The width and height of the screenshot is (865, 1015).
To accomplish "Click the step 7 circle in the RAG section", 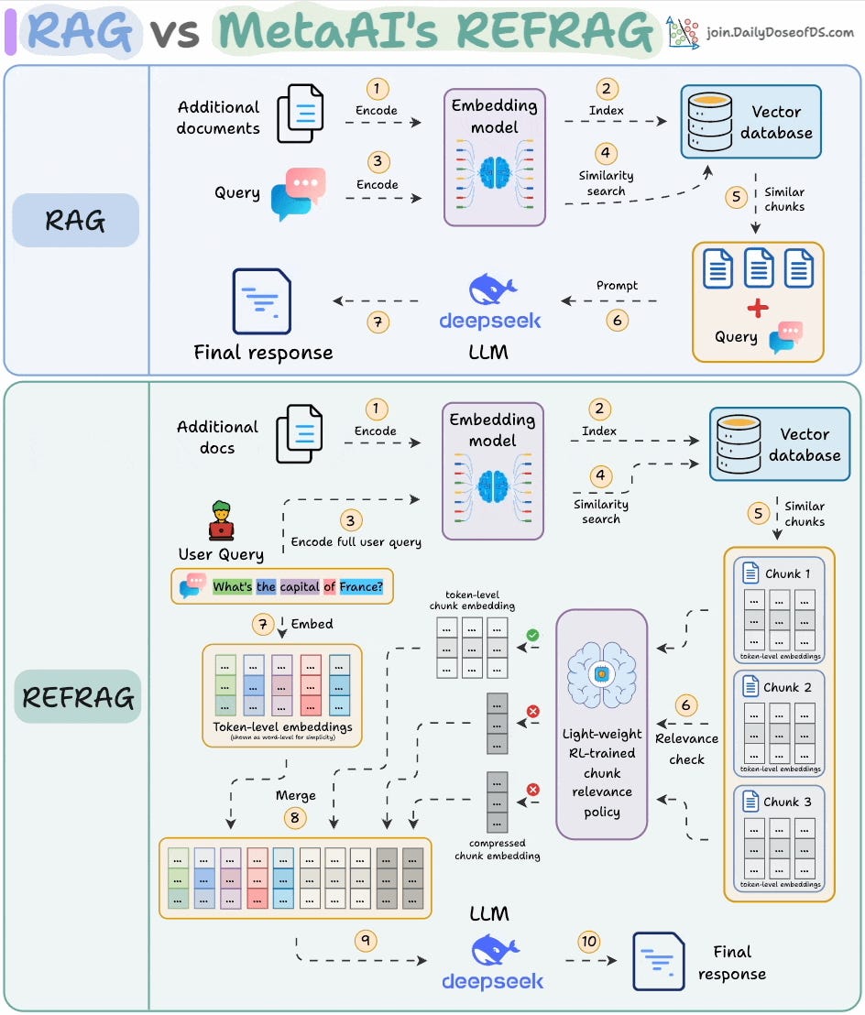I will coord(377,322).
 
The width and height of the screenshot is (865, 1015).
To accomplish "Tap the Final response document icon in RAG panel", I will coord(262,300).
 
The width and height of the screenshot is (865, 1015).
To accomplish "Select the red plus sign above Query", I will coord(758,308).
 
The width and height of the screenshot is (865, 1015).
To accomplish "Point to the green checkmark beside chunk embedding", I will coord(531,634).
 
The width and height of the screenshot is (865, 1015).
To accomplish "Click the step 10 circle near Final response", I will coord(589,941).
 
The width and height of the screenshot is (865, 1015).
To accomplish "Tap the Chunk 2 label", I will coord(787,687).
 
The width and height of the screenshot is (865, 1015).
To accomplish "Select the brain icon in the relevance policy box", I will coord(601,674).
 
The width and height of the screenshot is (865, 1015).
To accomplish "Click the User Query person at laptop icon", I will coord(221,521).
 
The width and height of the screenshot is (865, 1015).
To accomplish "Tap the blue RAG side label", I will coord(75,221).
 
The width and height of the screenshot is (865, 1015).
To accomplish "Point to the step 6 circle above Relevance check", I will coord(686,705).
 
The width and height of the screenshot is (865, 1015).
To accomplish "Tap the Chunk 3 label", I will coord(787,802).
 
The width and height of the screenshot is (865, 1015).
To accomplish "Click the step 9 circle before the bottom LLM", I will coord(366,941).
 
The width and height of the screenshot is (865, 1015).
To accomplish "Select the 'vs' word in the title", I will coord(175,33).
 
